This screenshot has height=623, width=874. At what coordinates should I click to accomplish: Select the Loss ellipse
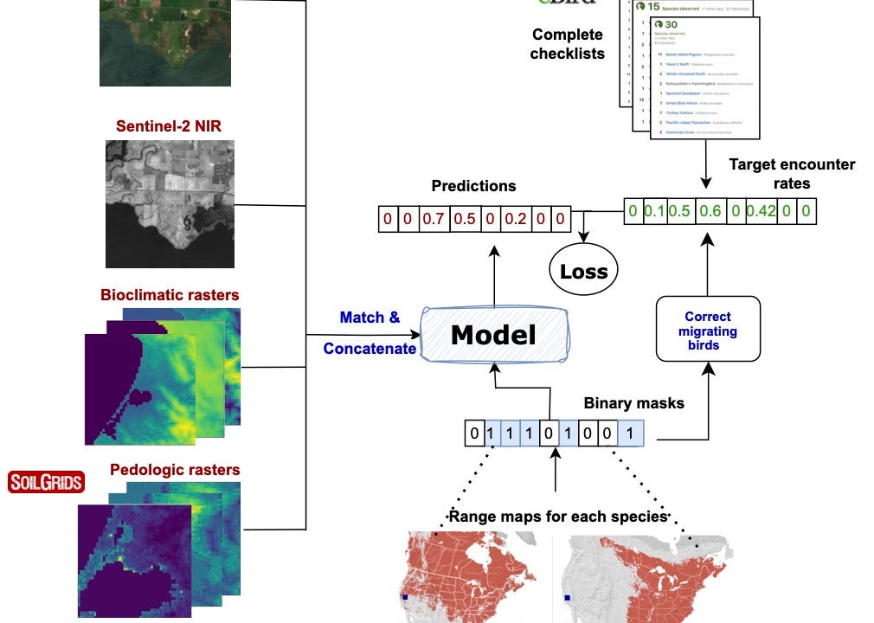pyautogui.click(x=584, y=271)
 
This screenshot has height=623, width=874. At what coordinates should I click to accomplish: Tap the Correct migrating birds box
pyautogui.click(x=708, y=329)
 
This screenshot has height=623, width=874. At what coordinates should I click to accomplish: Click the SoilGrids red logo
pyautogui.click(x=46, y=482)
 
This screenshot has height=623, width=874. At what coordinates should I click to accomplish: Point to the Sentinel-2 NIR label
pyautogui.click(x=169, y=126)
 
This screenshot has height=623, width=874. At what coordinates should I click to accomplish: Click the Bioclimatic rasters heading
pyautogui.click(x=170, y=294)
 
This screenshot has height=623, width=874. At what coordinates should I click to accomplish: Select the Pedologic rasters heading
pyautogui.click(x=175, y=471)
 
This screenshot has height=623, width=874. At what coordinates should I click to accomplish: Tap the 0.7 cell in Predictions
pyautogui.click(x=432, y=219)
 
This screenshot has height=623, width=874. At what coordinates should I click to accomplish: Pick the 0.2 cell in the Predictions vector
pyautogui.click(x=516, y=219)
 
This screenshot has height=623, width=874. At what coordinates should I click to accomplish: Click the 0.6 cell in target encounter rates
pyautogui.click(x=709, y=210)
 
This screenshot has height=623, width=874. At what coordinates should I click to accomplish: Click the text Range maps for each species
pyautogui.click(x=558, y=517)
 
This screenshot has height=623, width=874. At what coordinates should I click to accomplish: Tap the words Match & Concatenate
pyautogui.click(x=370, y=333)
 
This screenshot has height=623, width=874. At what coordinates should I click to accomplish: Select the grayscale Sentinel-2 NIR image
pyautogui.click(x=170, y=204)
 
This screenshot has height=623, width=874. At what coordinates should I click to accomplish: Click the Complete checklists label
pyautogui.click(x=568, y=44)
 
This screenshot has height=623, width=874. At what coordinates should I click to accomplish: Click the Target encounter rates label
pyautogui.click(x=791, y=173)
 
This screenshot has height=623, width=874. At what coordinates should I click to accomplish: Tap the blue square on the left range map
pyautogui.click(x=404, y=597)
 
